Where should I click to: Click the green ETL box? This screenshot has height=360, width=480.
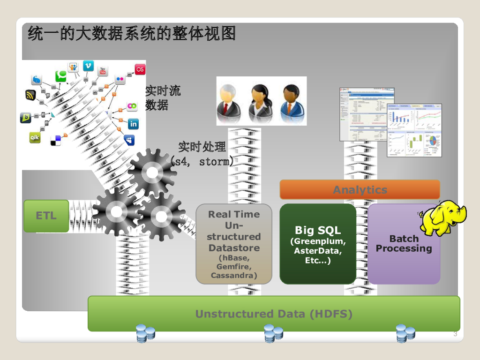click(46, 216)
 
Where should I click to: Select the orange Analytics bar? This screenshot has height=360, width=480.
click(360, 190)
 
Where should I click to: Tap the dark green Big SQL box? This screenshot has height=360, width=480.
click(318, 243)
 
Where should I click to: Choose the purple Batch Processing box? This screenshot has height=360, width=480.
click(404, 243)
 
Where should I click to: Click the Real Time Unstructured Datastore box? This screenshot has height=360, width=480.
click(233, 243)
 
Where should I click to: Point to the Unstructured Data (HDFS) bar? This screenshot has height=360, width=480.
click(274, 314)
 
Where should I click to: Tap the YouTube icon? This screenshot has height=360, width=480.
click(103, 71)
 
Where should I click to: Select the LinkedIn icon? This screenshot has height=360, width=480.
click(133, 124)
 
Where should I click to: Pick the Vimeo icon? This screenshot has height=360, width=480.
click(88, 66)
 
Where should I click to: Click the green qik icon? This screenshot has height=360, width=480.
click(35, 137)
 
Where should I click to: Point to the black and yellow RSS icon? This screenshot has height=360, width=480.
click(30, 95)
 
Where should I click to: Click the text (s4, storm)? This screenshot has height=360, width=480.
click(202, 162)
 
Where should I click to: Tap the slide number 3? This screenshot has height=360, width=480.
click(455, 334)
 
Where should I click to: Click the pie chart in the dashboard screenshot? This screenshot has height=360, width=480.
click(433, 140)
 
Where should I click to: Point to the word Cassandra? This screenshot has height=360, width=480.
click(233, 275)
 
